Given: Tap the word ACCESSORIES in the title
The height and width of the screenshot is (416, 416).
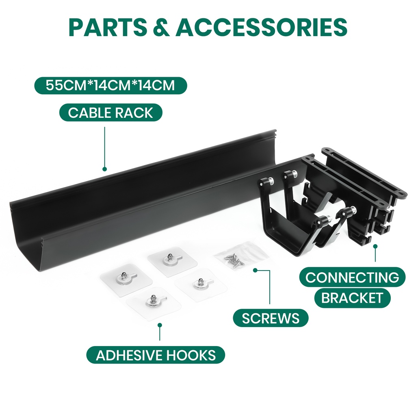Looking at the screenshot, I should click(261, 27).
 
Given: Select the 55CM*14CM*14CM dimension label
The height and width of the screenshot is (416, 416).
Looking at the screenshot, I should click(110, 86).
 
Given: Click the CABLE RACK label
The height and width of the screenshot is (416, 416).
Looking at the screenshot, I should click(110, 113).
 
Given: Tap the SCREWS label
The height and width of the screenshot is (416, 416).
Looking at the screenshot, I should click(271, 318).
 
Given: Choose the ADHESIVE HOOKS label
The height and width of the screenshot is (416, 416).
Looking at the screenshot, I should click(156, 355).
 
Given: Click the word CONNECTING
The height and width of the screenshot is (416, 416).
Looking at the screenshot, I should click(352, 277).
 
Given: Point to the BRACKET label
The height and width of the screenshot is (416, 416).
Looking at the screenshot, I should click(352, 298).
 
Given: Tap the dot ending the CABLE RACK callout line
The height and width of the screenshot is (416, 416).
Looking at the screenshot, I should click(104, 169).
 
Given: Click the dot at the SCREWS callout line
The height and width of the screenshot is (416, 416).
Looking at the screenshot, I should click(255, 270).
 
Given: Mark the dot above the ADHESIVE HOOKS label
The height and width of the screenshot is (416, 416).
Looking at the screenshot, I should click(160, 325).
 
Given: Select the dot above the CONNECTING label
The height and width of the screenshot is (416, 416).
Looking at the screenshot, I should click(375, 246).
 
